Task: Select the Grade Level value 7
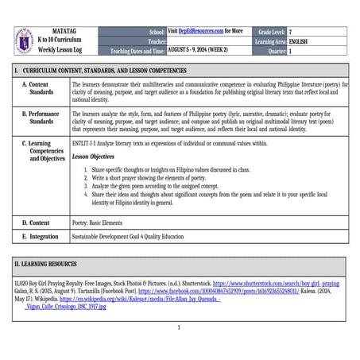click(291, 30)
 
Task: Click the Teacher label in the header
click(157, 40)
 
